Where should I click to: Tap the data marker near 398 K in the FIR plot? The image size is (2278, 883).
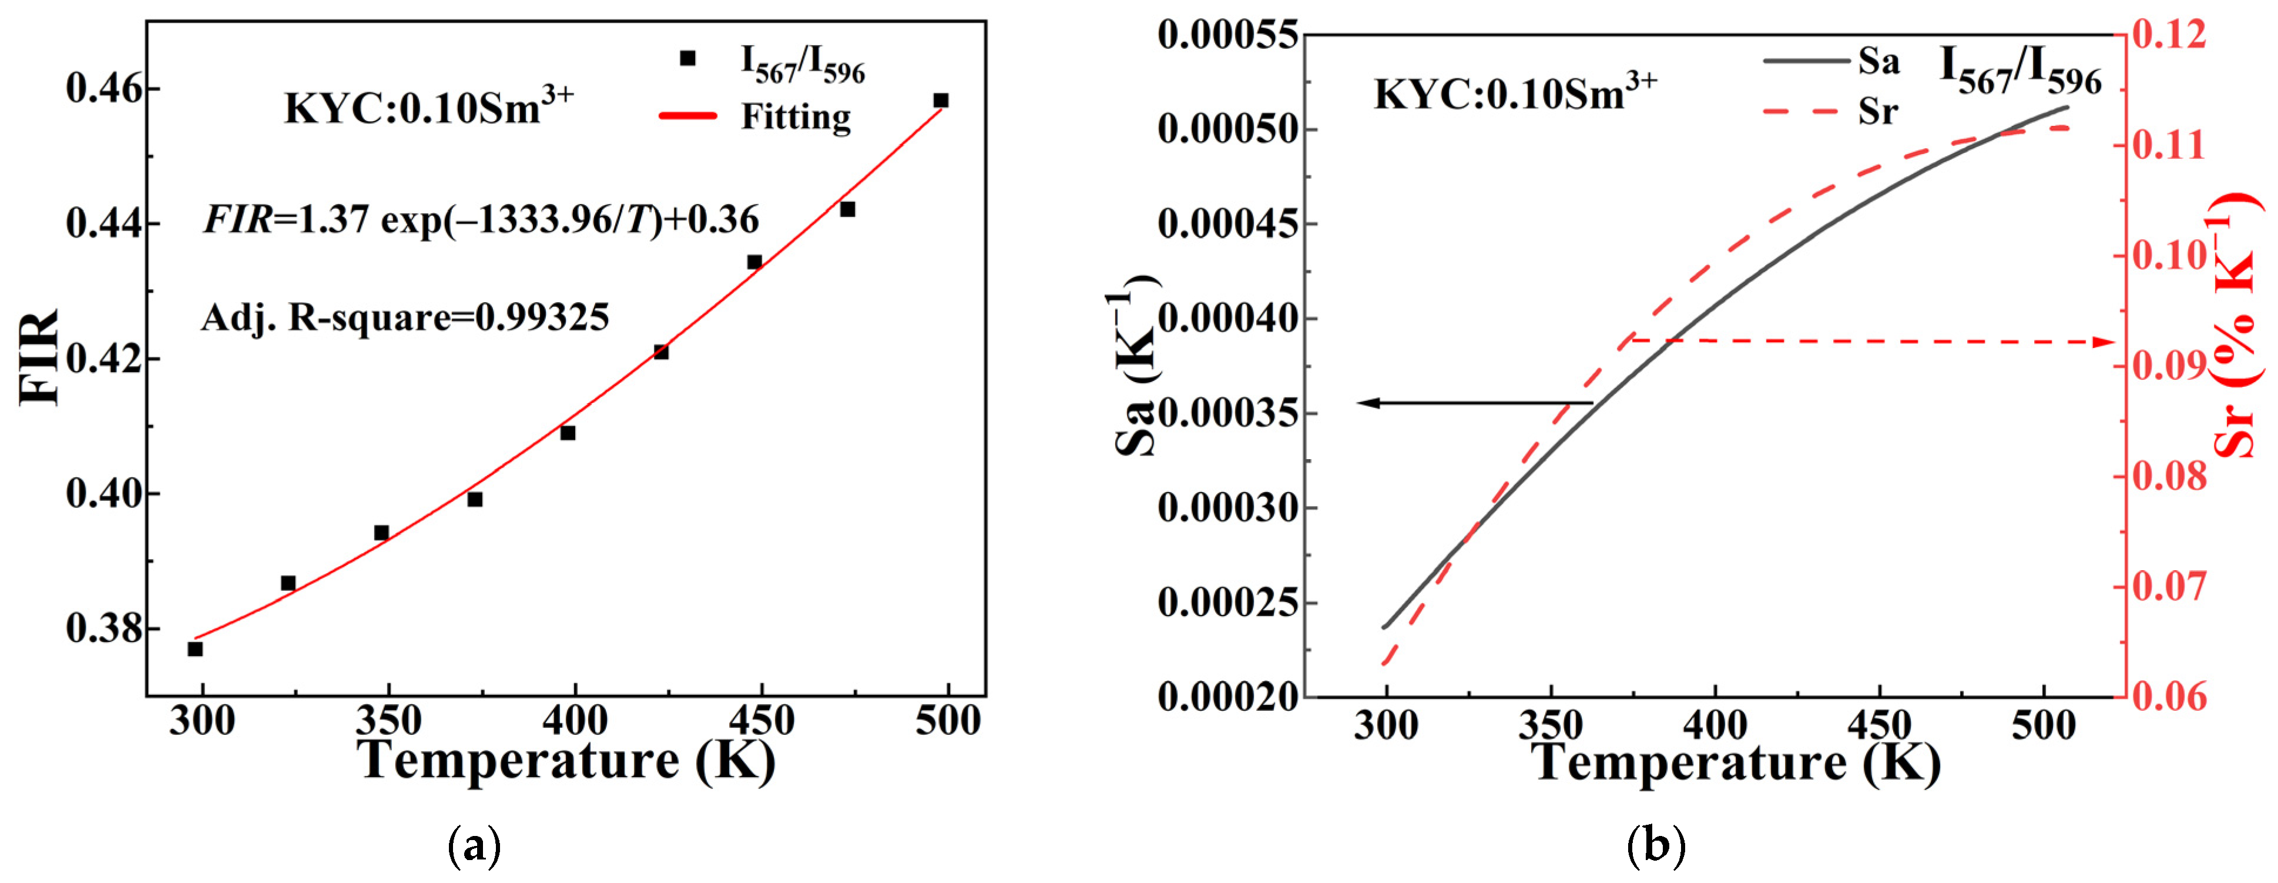point(568,433)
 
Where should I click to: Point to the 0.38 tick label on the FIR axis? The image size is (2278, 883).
point(101,628)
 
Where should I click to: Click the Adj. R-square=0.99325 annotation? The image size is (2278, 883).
point(405,317)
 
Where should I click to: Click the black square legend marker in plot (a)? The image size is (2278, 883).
point(687,58)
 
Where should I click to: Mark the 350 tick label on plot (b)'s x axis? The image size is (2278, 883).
point(1550,725)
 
